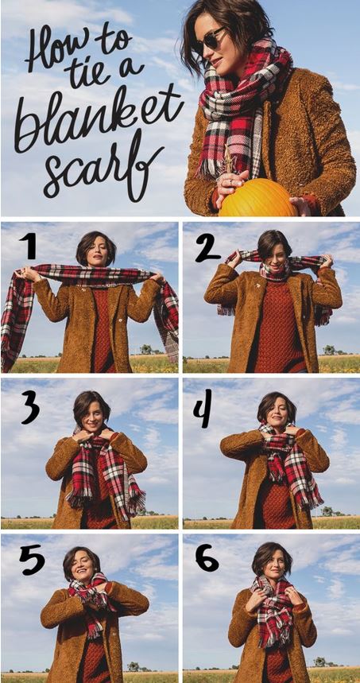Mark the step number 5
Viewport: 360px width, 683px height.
pyautogui.click(x=32, y=560)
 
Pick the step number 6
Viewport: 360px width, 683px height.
pyautogui.click(x=207, y=557)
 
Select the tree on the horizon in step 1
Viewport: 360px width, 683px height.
pyautogui.click(x=146, y=349)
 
